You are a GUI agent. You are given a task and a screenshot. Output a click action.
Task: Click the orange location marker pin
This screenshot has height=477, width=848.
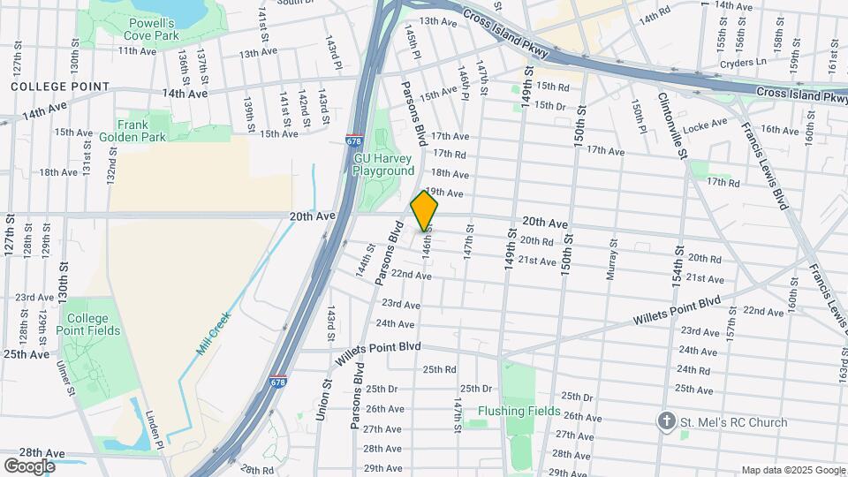[x=425, y=210]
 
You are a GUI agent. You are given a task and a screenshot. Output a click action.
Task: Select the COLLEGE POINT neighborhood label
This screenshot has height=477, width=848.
[x=60, y=87]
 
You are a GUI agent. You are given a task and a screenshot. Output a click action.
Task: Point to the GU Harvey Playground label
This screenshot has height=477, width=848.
[x=383, y=164]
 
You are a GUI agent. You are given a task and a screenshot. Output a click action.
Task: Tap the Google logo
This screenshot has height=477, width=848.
[x=29, y=466]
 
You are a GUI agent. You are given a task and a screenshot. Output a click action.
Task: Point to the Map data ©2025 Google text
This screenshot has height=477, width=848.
[x=792, y=470]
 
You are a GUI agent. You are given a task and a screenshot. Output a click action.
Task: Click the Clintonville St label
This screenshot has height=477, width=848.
[x=670, y=125]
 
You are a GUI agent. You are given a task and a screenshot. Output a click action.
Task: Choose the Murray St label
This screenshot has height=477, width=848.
[x=610, y=262]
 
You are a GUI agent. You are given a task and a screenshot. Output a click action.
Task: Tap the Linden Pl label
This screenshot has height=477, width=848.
[x=155, y=431]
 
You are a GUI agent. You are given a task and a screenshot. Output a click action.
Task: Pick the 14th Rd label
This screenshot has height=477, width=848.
[x=655, y=18]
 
